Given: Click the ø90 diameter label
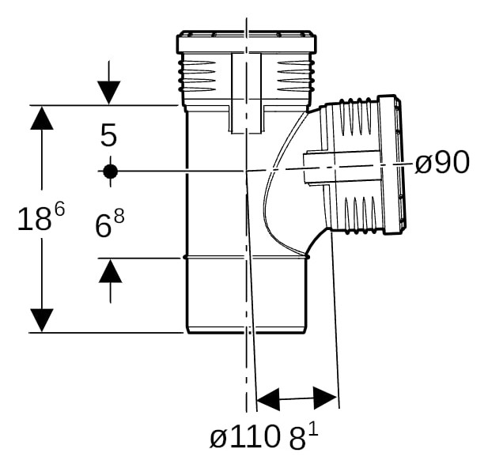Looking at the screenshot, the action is (442, 162).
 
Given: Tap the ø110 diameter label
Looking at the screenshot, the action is (244, 438).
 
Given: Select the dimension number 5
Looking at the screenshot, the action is (108, 134).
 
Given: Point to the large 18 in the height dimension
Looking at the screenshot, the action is (34, 220).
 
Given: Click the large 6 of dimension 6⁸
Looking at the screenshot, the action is (103, 226).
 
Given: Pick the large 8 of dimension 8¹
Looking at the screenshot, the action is (297, 439).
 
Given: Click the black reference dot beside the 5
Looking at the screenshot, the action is (110, 171).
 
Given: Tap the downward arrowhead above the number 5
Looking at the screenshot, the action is (108, 92).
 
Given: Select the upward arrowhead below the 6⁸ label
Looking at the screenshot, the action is (110, 270).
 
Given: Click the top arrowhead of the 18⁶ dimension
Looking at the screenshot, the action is (42, 118).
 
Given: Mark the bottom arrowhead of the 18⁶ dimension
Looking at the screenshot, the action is (42, 320).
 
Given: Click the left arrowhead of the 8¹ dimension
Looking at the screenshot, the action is (268, 399).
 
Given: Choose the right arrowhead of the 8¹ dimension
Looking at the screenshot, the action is (325, 398).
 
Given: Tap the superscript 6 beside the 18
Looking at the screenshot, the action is (59, 209).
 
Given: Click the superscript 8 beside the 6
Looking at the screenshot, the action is (119, 216).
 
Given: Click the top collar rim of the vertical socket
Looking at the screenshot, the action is (247, 42).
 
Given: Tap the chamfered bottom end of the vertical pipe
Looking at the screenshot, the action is (246, 330).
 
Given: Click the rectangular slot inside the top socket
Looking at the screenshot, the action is (246, 93).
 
